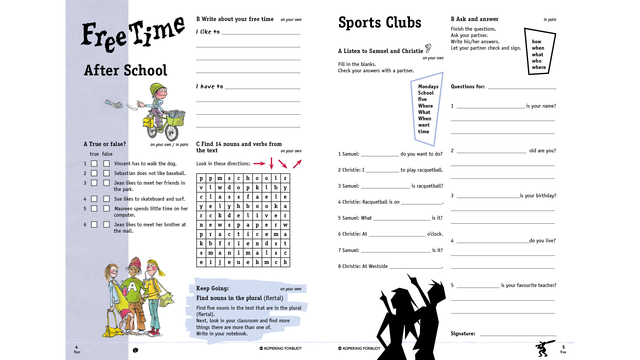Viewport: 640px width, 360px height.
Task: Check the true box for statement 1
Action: click(x=94, y=164)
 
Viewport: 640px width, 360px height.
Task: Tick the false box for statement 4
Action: click(x=106, y=199)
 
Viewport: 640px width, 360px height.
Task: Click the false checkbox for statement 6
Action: click(x=106, y=225)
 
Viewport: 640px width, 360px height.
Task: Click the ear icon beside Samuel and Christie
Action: click(x=428, y=48)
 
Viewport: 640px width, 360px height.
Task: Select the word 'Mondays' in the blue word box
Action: click(x=428, y=87)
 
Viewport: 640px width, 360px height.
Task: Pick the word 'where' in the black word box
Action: click(x=539, y=67)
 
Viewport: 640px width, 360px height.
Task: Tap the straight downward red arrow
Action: click(x=271, y=163)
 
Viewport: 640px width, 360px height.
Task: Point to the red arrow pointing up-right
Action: click(x=297, y=164)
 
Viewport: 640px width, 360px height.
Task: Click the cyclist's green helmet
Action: click(x=156, y=88)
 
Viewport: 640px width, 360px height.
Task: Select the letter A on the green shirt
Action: click(x=133, y=286)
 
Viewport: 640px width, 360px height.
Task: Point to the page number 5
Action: click(x=563, y=347)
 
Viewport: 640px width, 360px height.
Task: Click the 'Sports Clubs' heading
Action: click(x=380, y=23)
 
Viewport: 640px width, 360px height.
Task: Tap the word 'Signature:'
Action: click(x=463, y=334)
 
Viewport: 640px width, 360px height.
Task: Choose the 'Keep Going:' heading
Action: click(x=212, y=288)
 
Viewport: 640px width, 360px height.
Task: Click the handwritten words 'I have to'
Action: click(x=210, y=87)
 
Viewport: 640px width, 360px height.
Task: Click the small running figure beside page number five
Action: click(x=545, y=348)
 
